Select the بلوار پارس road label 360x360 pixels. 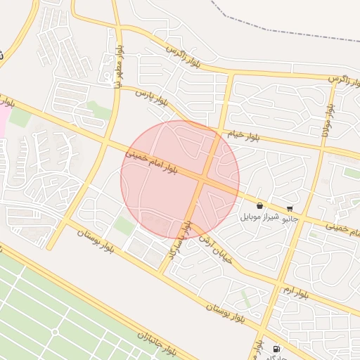coord(152,97)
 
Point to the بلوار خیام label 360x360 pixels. coord(243,135)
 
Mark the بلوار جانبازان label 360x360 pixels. coord(161,345)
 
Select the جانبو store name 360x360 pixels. coord(290,219)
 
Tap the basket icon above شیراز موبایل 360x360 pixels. coord(260,206)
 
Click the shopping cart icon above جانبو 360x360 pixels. coord(290,209)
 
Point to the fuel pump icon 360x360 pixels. coord(275,348)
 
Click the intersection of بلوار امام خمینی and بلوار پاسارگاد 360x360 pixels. coord(202,181)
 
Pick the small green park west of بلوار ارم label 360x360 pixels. coord(245,295)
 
